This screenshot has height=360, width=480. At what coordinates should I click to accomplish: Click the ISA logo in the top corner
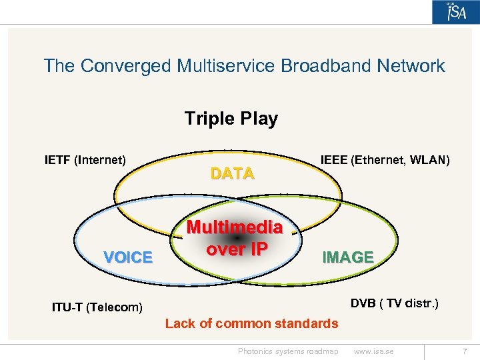point(456,12)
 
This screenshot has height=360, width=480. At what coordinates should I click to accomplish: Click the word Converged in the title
point(126,66)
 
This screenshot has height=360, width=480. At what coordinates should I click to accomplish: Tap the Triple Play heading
point(231,119)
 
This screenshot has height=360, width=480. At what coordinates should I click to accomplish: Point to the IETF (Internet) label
point(85,160)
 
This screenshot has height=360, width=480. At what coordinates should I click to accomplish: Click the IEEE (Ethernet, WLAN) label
point(385,160)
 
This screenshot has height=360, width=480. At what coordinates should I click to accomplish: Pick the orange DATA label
point(232,174)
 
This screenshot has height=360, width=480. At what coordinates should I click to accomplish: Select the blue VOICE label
point(128,257)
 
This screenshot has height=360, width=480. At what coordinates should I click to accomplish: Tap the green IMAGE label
point(347,257)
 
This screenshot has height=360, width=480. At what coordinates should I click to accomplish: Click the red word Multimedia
point(234,228)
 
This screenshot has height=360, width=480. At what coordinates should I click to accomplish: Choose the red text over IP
point(237,248)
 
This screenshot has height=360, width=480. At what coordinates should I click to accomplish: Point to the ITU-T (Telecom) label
point(97,307)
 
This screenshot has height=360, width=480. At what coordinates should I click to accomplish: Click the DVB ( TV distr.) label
point(394,304)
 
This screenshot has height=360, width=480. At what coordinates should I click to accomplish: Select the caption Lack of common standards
point(251,323)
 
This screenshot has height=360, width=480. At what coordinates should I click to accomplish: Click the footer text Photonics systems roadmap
point(288,351)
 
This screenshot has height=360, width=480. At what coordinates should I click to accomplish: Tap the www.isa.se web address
point(374,351)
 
